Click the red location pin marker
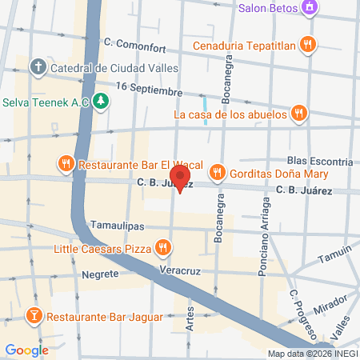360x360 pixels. pos(180,178)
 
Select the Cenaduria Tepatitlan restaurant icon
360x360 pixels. pos(306,43)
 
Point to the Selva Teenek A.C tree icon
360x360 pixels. pos(101,102)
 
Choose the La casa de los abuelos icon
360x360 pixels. pos(298,114)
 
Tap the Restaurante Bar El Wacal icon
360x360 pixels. pos(66,165)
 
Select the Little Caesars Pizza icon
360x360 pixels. pos(162,249)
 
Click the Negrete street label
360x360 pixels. pos(100,274)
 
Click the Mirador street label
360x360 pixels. pos(330,308)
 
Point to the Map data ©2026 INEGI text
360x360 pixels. pos(312,354)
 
